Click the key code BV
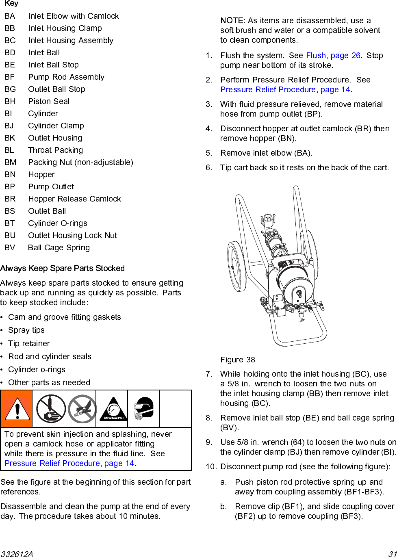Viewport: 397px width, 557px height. tap(10, 248)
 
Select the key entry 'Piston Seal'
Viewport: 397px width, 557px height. tap(49, 102)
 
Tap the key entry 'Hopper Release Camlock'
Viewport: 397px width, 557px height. tap(74, 199)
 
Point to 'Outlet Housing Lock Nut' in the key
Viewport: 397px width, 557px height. tap(72, 236)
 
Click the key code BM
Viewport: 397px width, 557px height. tap(10, 163)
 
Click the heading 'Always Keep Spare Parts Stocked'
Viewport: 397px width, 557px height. tap(63, 269)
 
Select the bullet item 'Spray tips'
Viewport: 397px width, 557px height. tap(26, 330)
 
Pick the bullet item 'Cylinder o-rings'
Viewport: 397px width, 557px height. tap(37, 370)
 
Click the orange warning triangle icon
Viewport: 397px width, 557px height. tap(16, 409)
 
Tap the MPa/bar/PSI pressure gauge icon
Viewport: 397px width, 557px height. tap(112, 409)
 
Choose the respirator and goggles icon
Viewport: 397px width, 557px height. tap(143, 409)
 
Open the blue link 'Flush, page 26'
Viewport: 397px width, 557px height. tap(333, 56)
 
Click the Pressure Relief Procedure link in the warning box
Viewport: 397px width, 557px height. tap(69, 464)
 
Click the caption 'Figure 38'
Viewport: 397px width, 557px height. tap(238, 360)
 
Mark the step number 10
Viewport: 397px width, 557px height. tap(210, 467)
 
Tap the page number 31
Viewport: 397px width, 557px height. tap(392, 554)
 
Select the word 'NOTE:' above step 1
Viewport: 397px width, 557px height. tap(232, 21)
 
